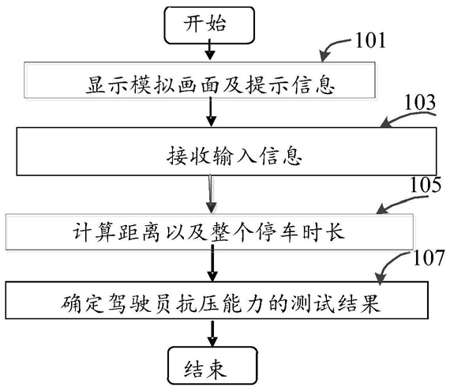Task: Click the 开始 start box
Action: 209,25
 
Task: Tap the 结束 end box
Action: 212,365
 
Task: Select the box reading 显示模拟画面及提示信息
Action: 200,80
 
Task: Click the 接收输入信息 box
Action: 227,151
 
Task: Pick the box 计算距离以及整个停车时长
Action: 209,231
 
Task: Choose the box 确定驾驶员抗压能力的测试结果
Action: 216,300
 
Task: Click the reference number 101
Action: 370,40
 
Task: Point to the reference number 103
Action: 420,102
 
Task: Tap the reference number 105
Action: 426,184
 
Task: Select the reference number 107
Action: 429,258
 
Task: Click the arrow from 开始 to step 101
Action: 210,50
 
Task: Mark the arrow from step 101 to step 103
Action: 211,111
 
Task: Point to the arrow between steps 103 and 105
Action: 211,194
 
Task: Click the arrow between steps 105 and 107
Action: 212,263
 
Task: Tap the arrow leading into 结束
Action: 212,333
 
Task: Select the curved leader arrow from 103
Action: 407,116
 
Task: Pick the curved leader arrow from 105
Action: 400,201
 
